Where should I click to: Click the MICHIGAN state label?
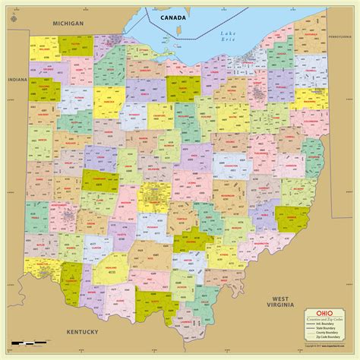68,24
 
